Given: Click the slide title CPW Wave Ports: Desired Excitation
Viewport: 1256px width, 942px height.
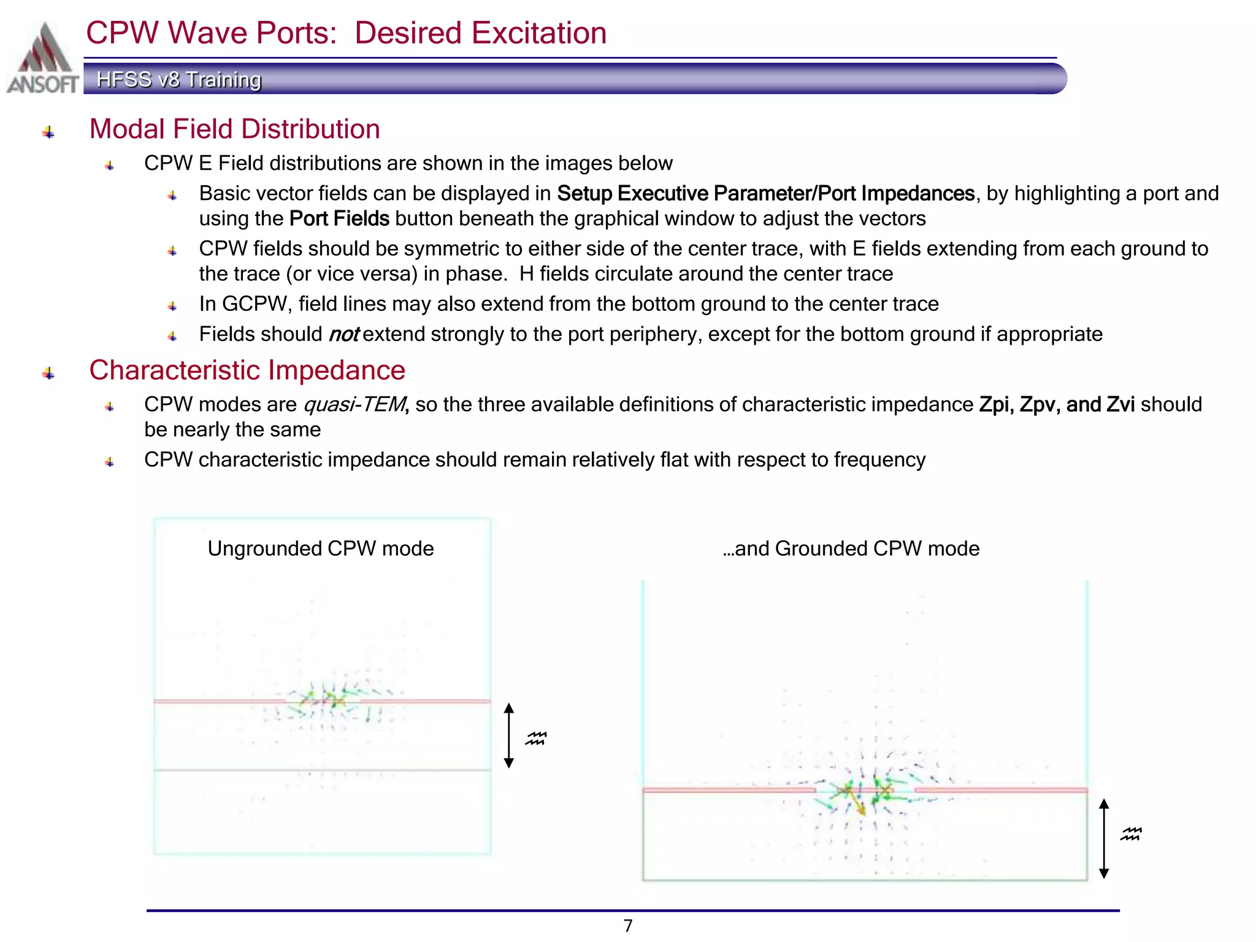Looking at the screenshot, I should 346,33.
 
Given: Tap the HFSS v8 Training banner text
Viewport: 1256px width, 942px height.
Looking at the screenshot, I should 179,80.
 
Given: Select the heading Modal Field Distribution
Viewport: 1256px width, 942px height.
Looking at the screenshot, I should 234,129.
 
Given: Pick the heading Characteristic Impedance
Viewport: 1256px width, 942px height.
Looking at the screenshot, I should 247,370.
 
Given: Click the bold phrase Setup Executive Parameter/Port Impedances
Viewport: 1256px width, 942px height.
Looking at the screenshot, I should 765,194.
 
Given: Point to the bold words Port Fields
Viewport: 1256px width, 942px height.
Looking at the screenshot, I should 339,219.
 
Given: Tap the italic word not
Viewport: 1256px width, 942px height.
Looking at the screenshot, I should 344,335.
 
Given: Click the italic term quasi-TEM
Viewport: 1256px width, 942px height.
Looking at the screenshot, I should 355,405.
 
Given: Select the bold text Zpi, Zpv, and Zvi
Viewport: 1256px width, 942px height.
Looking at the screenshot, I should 1057,405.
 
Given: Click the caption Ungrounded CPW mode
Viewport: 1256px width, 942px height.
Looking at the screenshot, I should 321,548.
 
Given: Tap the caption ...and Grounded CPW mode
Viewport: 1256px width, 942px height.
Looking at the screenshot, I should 851,548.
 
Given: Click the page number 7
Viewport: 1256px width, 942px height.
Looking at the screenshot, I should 628,925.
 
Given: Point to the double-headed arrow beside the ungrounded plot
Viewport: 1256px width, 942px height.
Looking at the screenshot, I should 508,735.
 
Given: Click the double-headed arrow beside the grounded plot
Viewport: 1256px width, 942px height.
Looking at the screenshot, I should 1104,838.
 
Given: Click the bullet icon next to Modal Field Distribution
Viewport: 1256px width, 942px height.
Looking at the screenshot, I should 49,132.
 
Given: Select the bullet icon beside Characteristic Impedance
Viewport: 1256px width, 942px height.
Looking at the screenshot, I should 49,373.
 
